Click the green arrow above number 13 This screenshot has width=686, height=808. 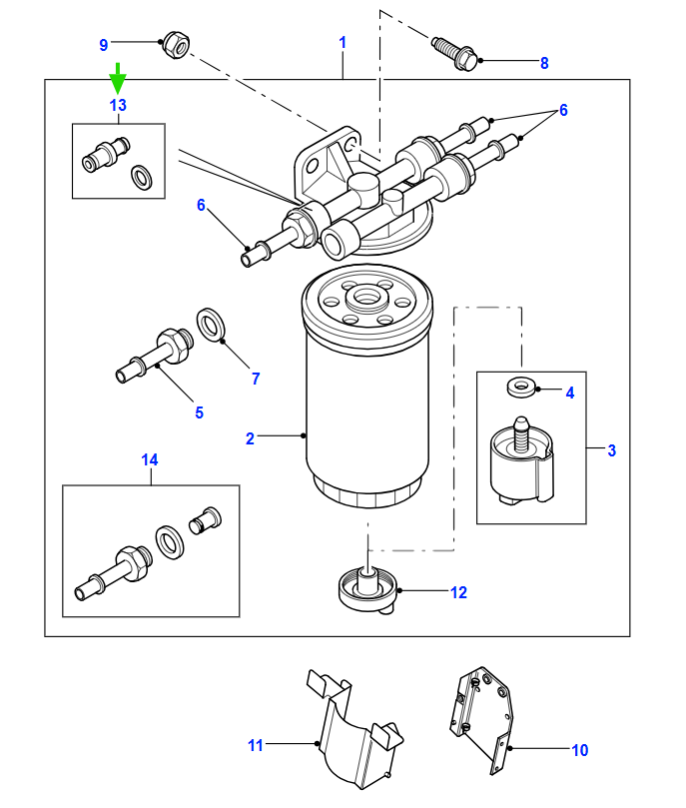pos(118,78)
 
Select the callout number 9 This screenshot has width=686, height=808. pos(104,45)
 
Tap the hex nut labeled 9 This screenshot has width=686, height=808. pos(176,45)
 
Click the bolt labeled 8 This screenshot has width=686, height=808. pos(454,53)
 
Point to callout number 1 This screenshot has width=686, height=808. pos(343,42)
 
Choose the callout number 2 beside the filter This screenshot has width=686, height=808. pos(250,438)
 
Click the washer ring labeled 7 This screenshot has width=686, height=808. pos(210,325)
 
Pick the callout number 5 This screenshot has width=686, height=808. pos(200,412)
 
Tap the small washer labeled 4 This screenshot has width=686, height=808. pos(522,387)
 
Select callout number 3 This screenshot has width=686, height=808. pos(612,450)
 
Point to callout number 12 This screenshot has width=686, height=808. pos(459,592)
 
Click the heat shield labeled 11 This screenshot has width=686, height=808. pos(355,732)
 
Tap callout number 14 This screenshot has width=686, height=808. pos(150,459)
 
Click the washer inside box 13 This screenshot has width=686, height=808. pos(141,177)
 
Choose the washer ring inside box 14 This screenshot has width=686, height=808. pos(170,542)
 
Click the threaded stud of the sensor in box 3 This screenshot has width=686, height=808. pos(520,435)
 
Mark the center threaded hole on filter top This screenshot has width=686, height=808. pos(366,298)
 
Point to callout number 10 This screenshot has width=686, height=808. pos(580,750)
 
